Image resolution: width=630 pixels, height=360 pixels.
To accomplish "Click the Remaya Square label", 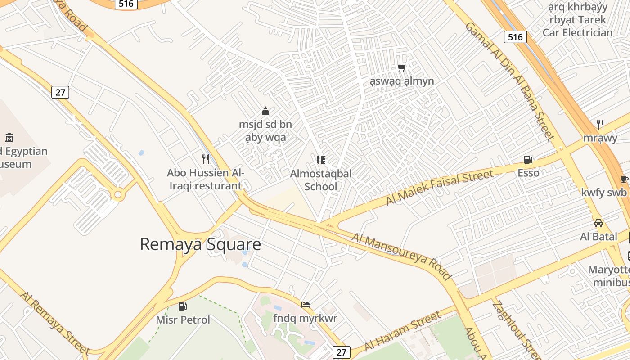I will coord(200,244).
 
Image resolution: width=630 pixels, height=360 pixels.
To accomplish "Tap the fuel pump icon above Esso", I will coord(528,159).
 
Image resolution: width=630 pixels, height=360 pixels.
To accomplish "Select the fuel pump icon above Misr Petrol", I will coord(182,306).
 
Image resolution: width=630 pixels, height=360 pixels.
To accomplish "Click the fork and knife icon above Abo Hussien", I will coord(206,159).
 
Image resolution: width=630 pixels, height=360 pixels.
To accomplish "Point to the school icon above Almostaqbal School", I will coord(320,160).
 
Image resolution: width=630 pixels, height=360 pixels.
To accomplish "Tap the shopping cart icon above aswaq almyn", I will coord(401,67).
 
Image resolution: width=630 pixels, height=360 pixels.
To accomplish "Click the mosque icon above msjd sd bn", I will coord(265,111).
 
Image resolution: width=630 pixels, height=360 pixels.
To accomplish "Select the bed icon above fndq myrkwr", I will coord(306,305).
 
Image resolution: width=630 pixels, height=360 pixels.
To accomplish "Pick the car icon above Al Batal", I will coord(598,223).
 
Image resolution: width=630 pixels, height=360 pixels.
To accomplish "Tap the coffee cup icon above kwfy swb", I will coord(624,179).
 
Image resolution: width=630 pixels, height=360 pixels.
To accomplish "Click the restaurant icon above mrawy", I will coord(600,124).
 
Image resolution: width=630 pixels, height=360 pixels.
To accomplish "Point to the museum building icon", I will coord(9,137).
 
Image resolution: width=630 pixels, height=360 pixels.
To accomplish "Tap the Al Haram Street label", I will coord(403,331).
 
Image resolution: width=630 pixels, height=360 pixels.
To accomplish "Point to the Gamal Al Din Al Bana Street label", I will coord(508,81).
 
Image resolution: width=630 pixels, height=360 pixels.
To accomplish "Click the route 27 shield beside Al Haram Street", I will coord(342,352).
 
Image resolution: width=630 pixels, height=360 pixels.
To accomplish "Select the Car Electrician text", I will coord(577,32).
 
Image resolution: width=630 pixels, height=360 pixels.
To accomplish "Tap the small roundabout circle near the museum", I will coord(118,194).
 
